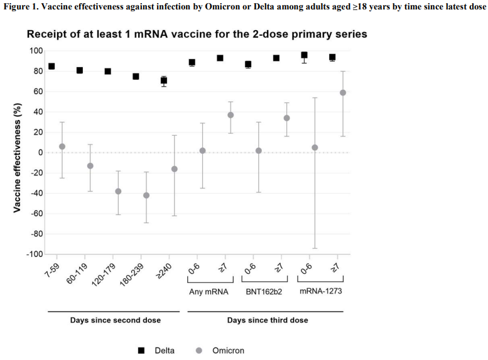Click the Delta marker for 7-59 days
[52, 66]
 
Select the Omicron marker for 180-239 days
[146, 195]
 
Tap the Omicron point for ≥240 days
[175, 169]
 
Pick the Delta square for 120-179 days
[108, 72]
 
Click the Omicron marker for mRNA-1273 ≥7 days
[343, 92]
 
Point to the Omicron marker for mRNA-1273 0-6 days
[315, 148]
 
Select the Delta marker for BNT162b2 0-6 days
[248, 65]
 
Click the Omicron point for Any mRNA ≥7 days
[230, 115]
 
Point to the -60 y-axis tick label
[34, 214]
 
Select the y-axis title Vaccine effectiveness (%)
[17, 153]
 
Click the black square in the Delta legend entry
[141, 351]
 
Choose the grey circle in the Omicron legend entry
[199, 351]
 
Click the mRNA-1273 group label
[321, 292]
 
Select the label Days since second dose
[115, 320]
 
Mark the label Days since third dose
[268, 320]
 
